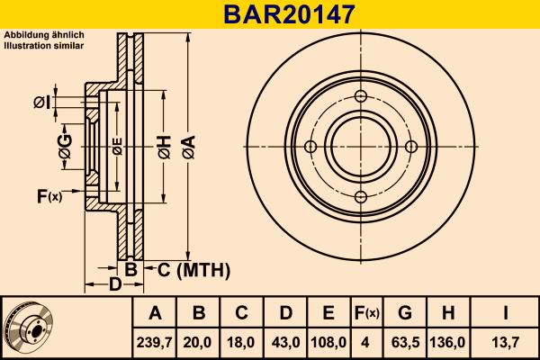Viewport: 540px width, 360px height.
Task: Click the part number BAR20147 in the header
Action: [270, 13]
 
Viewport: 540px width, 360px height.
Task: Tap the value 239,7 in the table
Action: [156, 342]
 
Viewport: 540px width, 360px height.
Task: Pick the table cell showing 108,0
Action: [329, 342]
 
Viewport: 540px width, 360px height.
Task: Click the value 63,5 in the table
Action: [406, 342]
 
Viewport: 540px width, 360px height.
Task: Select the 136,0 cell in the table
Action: [450, 342]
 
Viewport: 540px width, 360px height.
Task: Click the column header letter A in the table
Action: [156, 314]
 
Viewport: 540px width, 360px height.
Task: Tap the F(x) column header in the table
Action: [366, 314]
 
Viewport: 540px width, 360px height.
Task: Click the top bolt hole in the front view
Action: [361, 97]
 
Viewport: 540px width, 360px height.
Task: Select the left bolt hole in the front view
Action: [310, 148]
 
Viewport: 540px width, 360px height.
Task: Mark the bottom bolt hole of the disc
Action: [361, 198]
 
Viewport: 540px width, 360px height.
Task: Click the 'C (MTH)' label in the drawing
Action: [188, 270]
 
